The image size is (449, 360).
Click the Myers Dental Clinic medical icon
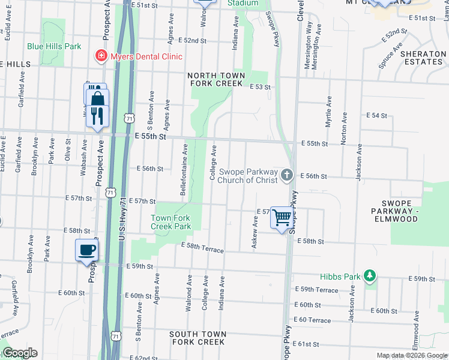pyautogui.click(x=101, y=56)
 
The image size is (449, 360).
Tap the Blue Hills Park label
pyautogui.click(x=53, y=46)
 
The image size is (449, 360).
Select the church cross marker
pyautogui.click(x=287, y=175)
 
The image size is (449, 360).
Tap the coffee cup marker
pyautogui.click(x=86, y=250)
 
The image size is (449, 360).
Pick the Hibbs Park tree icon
pyautogui.click(x=371, y=275)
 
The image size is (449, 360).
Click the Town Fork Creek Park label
pyautogui.click(x=170, y=223)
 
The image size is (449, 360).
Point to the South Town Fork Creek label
pyautogui.click(x=197, y=338)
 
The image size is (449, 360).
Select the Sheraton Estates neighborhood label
pyautogui.click(x=423, y=58)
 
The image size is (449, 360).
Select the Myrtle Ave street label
pyautogui.click(x=328, y=111)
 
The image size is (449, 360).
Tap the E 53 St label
pyautogui.click(x=260, y=87)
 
